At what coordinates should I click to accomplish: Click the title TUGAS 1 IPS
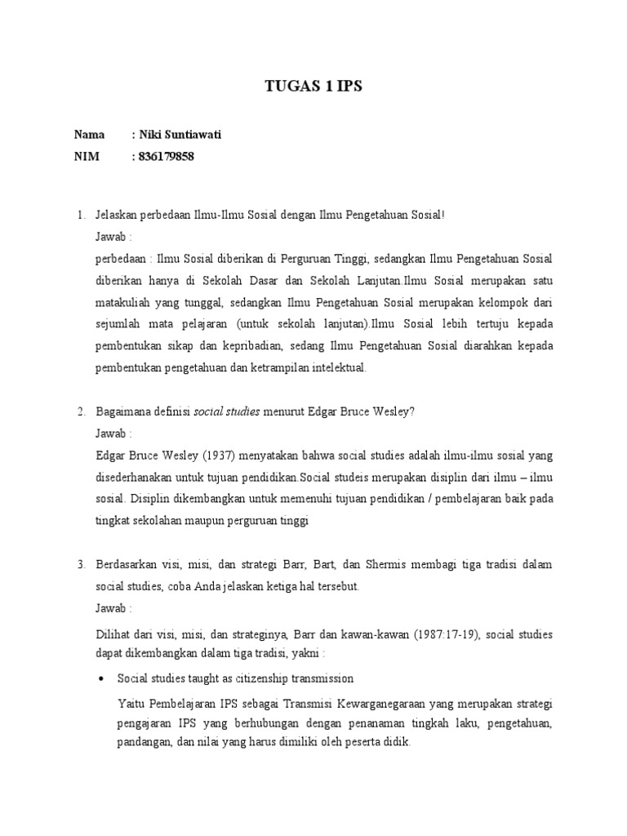click(x=313, y=90)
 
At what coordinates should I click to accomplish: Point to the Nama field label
click(x=90, y=136)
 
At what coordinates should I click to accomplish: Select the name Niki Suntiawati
click(x=179, y=136)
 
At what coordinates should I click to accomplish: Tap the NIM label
click(x=87, y=157)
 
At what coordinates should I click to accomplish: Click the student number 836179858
click(x=167, y=157)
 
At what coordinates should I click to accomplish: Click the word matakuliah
click(x=122, y=302)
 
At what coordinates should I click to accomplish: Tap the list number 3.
click(x=81, y=565)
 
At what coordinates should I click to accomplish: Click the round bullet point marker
click(x=101, y=678)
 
